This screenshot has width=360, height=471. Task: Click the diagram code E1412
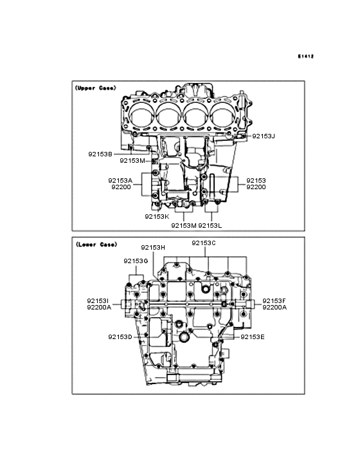tap(306, 56)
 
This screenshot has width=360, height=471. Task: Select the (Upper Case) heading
tap(95, 88)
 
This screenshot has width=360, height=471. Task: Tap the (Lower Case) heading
tap(96, 245)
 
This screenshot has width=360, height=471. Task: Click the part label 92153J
tap(264, 136)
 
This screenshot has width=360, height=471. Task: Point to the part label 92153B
tap(100, 154)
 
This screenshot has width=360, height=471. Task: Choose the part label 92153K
tap(157, 217)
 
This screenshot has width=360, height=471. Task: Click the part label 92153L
tap(210, 226)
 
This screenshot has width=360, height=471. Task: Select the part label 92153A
tap(120, 181)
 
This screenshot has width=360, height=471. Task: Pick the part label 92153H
tap(153, 248)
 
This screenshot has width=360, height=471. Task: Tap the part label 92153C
tap(204, 243)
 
